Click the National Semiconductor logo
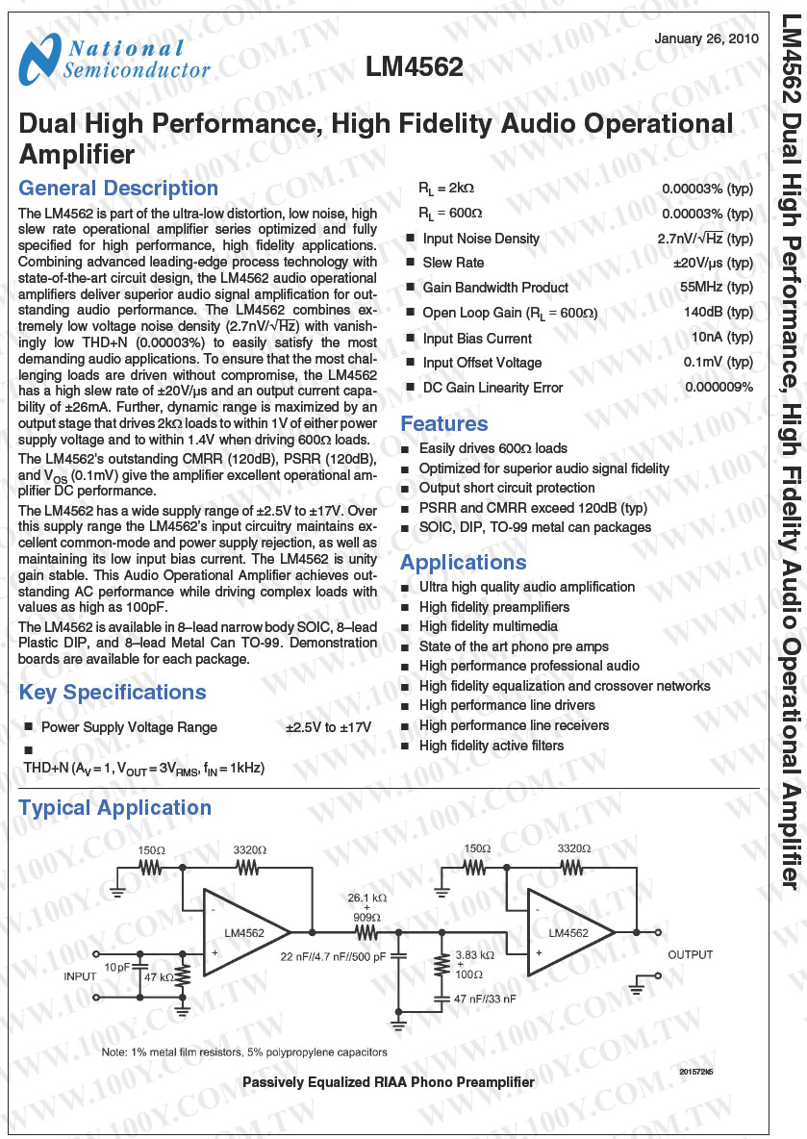click(113, 60)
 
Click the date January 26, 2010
click(706, 38)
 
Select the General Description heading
click(118, 189)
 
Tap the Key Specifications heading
click(113, 693)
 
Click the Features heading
click(443, 424)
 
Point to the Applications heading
click(463, 563)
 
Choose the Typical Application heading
click(114, 808)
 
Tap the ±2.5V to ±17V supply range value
click(328, 727)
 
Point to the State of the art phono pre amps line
click(514, 646)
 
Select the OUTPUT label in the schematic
click(691, 955)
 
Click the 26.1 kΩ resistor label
click(366, 898)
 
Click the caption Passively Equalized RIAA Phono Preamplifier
click(388, 1082)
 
